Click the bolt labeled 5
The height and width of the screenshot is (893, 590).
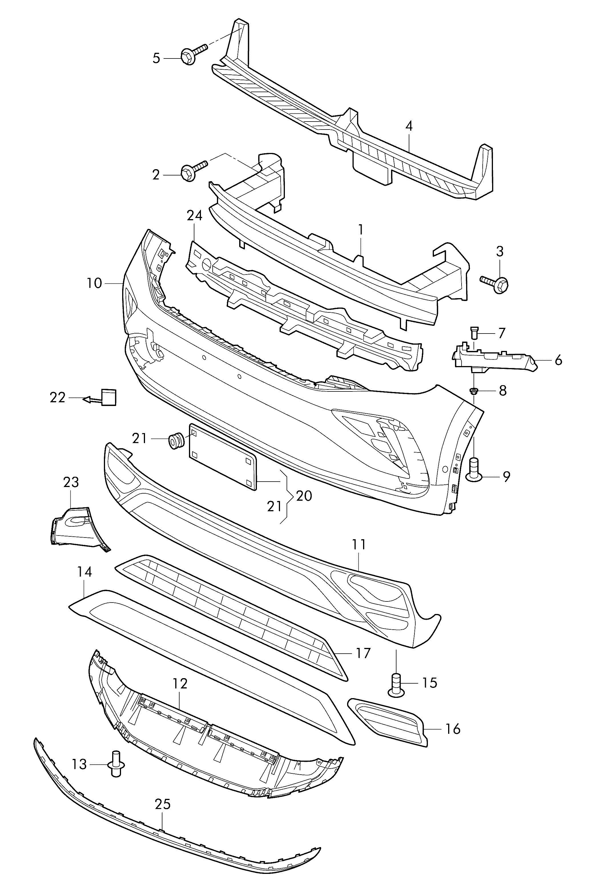point(194,54)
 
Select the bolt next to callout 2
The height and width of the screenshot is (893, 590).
point(194,170)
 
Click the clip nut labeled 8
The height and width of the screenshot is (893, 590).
point(474,391)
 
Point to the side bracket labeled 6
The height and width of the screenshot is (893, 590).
point(495,357)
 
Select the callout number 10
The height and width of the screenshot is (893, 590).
point(94,283)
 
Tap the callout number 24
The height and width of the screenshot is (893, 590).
point(195,215)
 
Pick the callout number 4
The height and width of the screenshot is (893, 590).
point(409,126)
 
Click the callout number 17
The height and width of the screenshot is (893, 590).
point(363,653)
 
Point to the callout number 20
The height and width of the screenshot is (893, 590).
point(304,496)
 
